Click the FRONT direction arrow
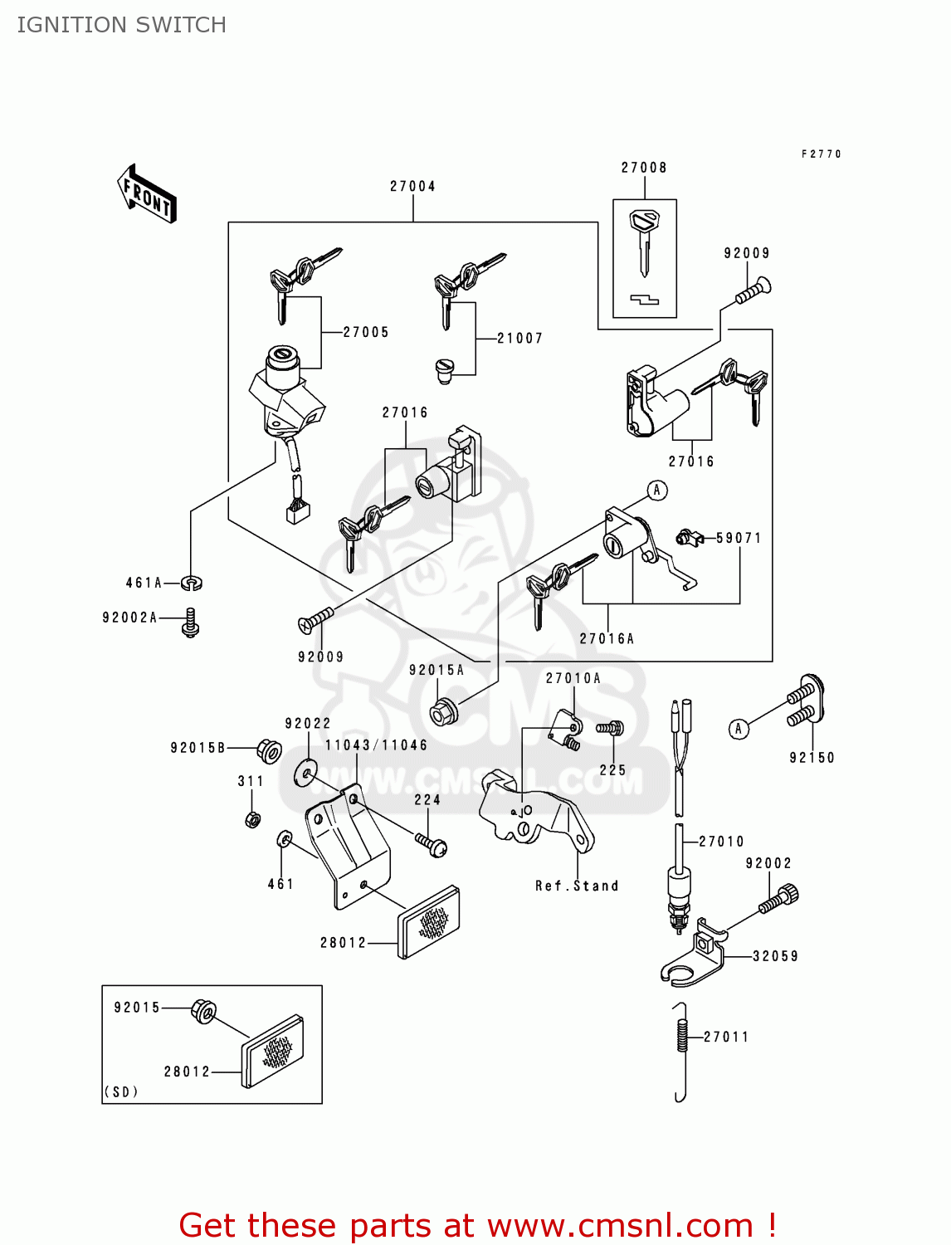click(x=148, y=194)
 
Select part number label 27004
click(x=412, y=187)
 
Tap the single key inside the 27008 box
click(x=644, y=242)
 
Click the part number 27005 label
click(x=366, y=332)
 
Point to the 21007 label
click(x=519, y=339)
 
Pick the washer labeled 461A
click(x=193, y=583)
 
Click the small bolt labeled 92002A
click(x=191, y=622)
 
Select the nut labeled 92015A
click(x=441, y=711)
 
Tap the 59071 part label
click(x=739, y=538)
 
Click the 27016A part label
click(x=607, y=638)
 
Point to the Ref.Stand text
click(x=577, y=886)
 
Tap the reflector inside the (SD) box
click(x=272, y=1050)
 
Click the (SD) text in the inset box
click(x=121, y=1091)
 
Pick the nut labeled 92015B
click(x=267, y=750)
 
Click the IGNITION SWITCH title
click(x=122, y=25)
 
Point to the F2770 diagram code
click(x=821, y=154)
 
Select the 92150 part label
click(x=812, y=758)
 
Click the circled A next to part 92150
click(x=739, y=729)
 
